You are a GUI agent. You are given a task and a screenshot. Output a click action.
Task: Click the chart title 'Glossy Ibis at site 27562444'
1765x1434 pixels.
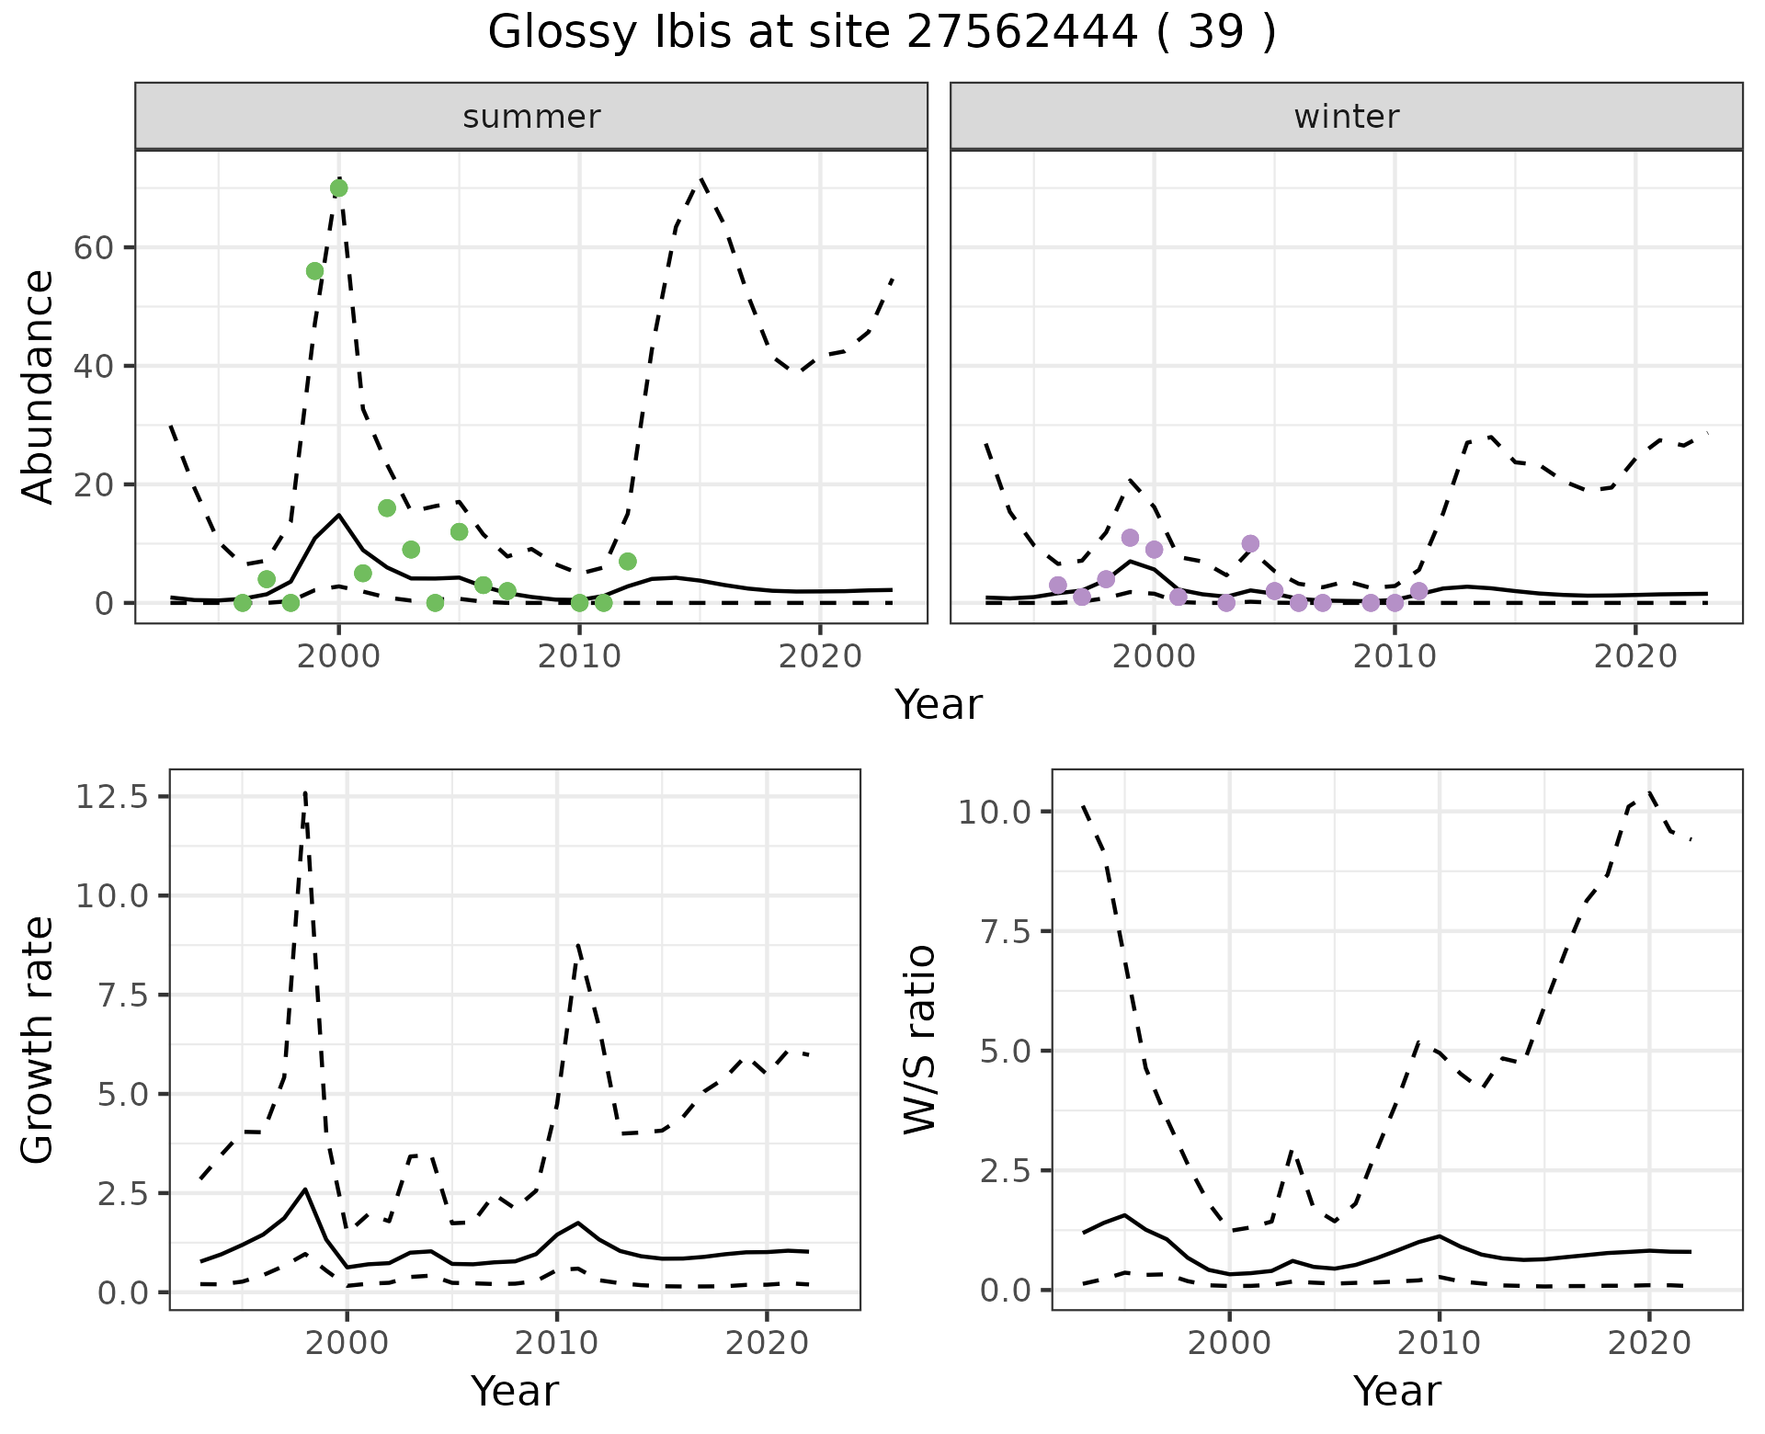tap(881, 33)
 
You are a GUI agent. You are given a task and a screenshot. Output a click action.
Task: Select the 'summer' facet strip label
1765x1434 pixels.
tap(531, 117)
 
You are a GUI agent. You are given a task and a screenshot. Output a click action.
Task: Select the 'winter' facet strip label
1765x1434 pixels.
tap(1346, 117)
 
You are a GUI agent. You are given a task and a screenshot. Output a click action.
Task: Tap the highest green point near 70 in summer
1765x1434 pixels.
tap(338, 188)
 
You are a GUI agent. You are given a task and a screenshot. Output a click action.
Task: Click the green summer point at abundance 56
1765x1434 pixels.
tap(314, 270)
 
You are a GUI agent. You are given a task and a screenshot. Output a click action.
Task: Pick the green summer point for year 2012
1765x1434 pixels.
tap(628, 561)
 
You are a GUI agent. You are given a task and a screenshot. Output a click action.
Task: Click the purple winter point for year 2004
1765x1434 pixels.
tap(1250, 543)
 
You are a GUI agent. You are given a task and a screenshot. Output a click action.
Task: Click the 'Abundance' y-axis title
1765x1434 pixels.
tap(39, 386)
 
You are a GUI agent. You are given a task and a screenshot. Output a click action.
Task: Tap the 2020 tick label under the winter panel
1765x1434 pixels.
tap(1635, 656)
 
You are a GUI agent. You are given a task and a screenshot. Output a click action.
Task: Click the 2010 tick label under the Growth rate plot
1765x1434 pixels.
tap(556, 1343)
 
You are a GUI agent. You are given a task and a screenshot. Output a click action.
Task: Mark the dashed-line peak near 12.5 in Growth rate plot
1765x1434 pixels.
tap(305, 791)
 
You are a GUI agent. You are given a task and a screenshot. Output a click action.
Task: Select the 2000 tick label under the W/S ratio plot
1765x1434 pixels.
tap(1229, 1343)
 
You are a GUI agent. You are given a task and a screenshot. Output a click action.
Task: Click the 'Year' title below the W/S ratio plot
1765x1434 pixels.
tap(1396, 1392)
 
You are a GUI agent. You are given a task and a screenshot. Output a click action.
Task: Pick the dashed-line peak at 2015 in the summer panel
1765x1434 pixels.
tap(700, 178)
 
